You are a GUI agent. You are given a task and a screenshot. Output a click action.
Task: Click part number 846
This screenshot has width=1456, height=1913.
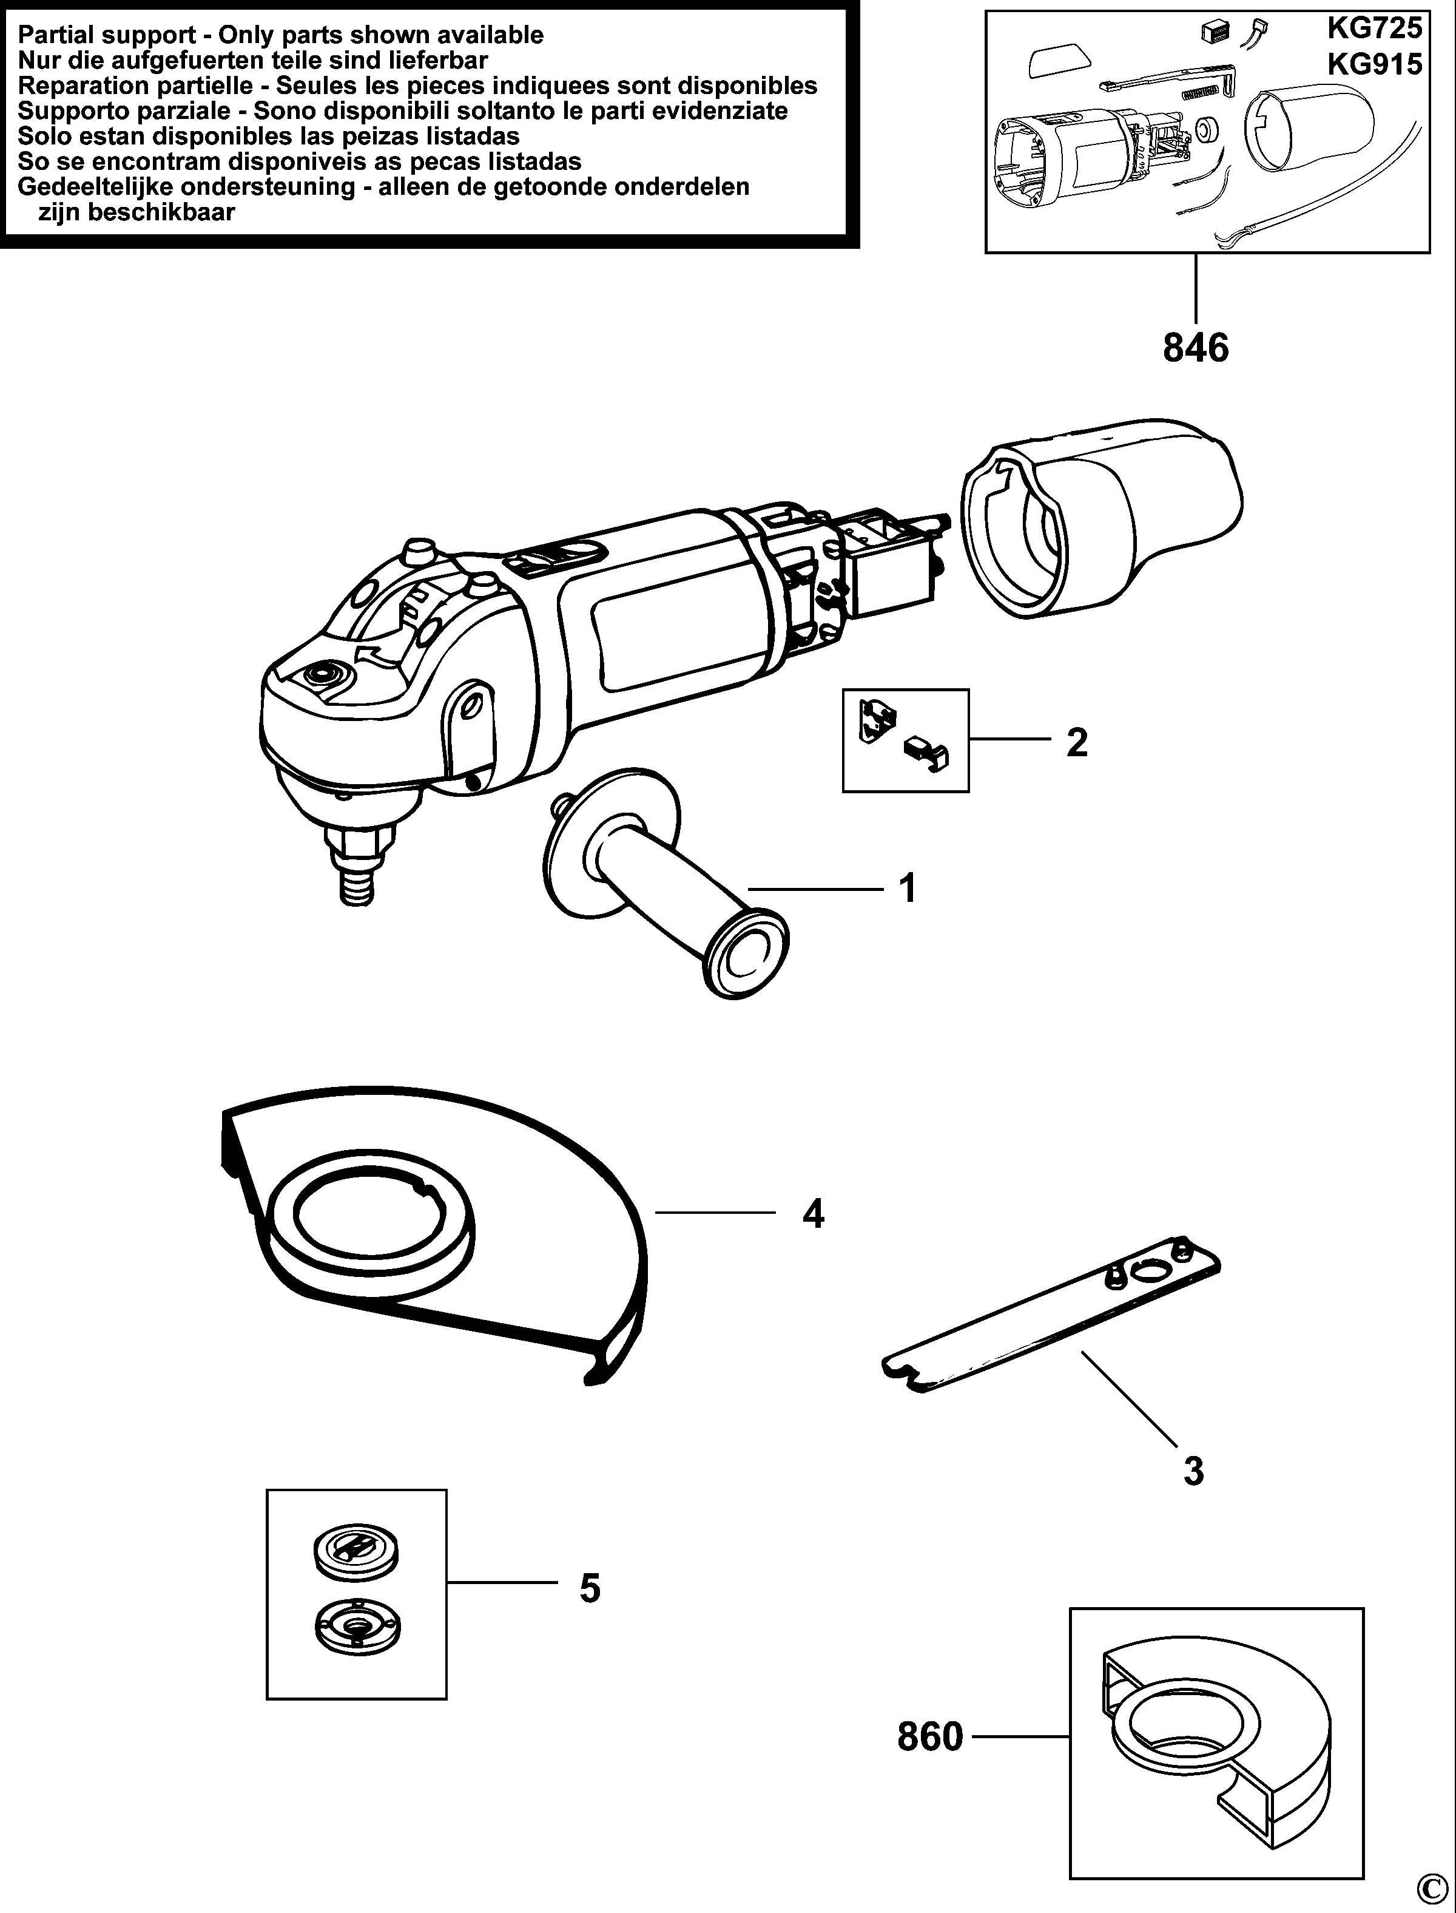tap(1195, 348)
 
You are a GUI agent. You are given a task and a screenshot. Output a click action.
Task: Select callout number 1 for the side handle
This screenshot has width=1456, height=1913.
tap(908, 889)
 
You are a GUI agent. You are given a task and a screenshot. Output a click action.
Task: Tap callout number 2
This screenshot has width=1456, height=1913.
tap(1076, 742)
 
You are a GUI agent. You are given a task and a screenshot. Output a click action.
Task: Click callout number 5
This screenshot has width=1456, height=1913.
tap(589, 1588)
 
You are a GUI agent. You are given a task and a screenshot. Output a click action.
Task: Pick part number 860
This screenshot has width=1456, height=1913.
tap(930, 1736)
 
